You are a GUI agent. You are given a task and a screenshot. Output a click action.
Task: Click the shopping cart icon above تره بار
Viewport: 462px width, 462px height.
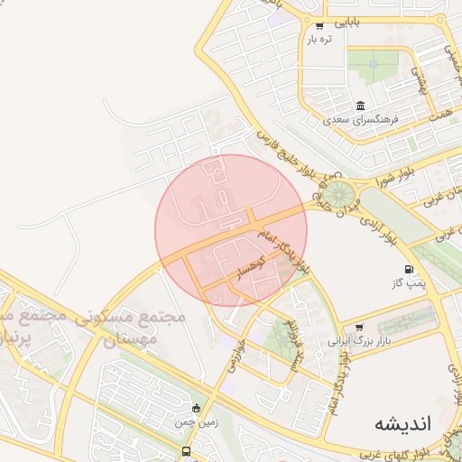(319, 25)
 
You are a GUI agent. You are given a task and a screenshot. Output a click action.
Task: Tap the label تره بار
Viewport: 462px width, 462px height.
(319, 39)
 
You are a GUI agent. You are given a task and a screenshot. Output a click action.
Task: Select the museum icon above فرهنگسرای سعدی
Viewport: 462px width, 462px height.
(360, 106)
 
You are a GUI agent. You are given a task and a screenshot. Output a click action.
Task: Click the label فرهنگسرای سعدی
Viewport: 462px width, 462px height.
(360, 119)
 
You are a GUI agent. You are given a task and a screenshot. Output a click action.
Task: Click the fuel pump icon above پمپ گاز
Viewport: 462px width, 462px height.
(410, 269)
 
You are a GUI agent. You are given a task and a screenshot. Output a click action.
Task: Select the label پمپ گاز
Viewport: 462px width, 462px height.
(410, 284)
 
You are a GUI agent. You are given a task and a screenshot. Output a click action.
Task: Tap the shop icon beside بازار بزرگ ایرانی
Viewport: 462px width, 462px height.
(360, 328)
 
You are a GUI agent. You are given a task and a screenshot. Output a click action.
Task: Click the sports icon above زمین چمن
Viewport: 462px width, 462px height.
(198, 407)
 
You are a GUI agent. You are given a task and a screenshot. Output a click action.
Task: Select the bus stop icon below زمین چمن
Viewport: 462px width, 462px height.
(186, 451)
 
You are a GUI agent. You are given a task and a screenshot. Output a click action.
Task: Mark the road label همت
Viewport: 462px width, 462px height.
(440, 113)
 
